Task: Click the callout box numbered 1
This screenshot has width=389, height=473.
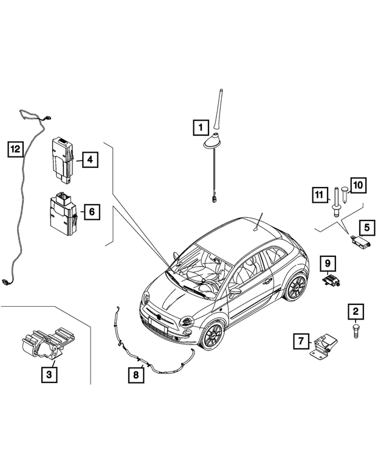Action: [x=199, y=128]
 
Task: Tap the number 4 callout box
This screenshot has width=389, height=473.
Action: [x=89, y=160]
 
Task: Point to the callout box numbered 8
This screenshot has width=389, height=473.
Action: [x=136, y=375]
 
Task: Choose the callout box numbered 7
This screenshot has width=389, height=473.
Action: [x=300, y=342]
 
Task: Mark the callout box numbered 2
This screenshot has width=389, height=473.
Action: [x=356, y=312]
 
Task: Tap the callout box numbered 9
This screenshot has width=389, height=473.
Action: [x=327, y=263]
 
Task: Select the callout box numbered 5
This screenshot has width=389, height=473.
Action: [x=367, y=228]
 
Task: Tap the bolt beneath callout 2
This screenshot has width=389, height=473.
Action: [x=356, y=332]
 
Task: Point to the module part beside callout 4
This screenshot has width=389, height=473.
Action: [x=62, y=158]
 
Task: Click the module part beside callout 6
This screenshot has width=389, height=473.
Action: [x=62, y=214]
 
